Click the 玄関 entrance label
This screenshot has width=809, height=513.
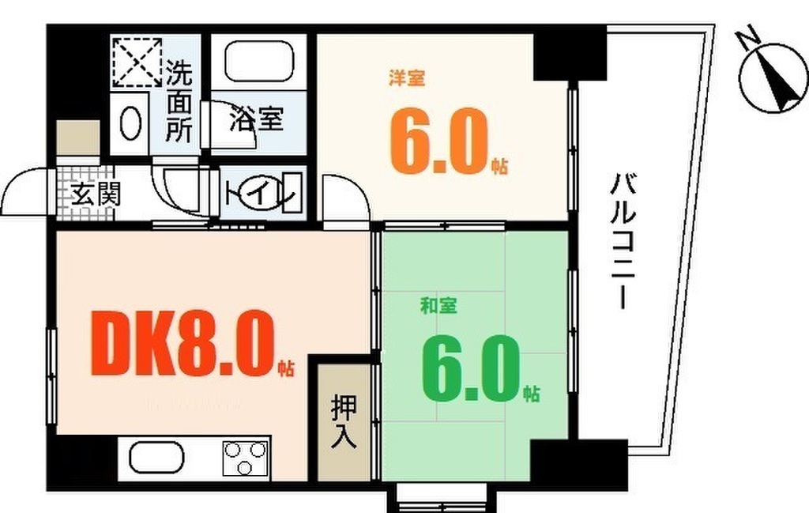click(x=95, y=194)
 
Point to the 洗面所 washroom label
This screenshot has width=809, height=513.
click(x=179, y=102)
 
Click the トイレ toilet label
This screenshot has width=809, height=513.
click(x=261, y=194)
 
